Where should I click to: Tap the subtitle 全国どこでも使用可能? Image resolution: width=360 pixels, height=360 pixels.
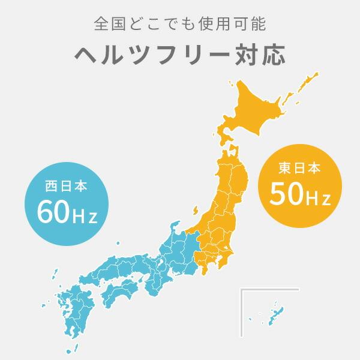[x=180, y=25]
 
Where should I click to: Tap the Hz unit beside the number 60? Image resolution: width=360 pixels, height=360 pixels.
[x=84, y=214]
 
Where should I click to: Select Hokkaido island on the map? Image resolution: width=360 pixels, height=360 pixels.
[x=264, y=108]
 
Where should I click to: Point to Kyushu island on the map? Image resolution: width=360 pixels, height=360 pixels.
[x=69, y=312]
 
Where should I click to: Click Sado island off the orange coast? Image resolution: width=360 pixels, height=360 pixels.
[x=197, y=211]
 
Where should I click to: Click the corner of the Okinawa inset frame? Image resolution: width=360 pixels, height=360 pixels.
[x=241, y=290]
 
